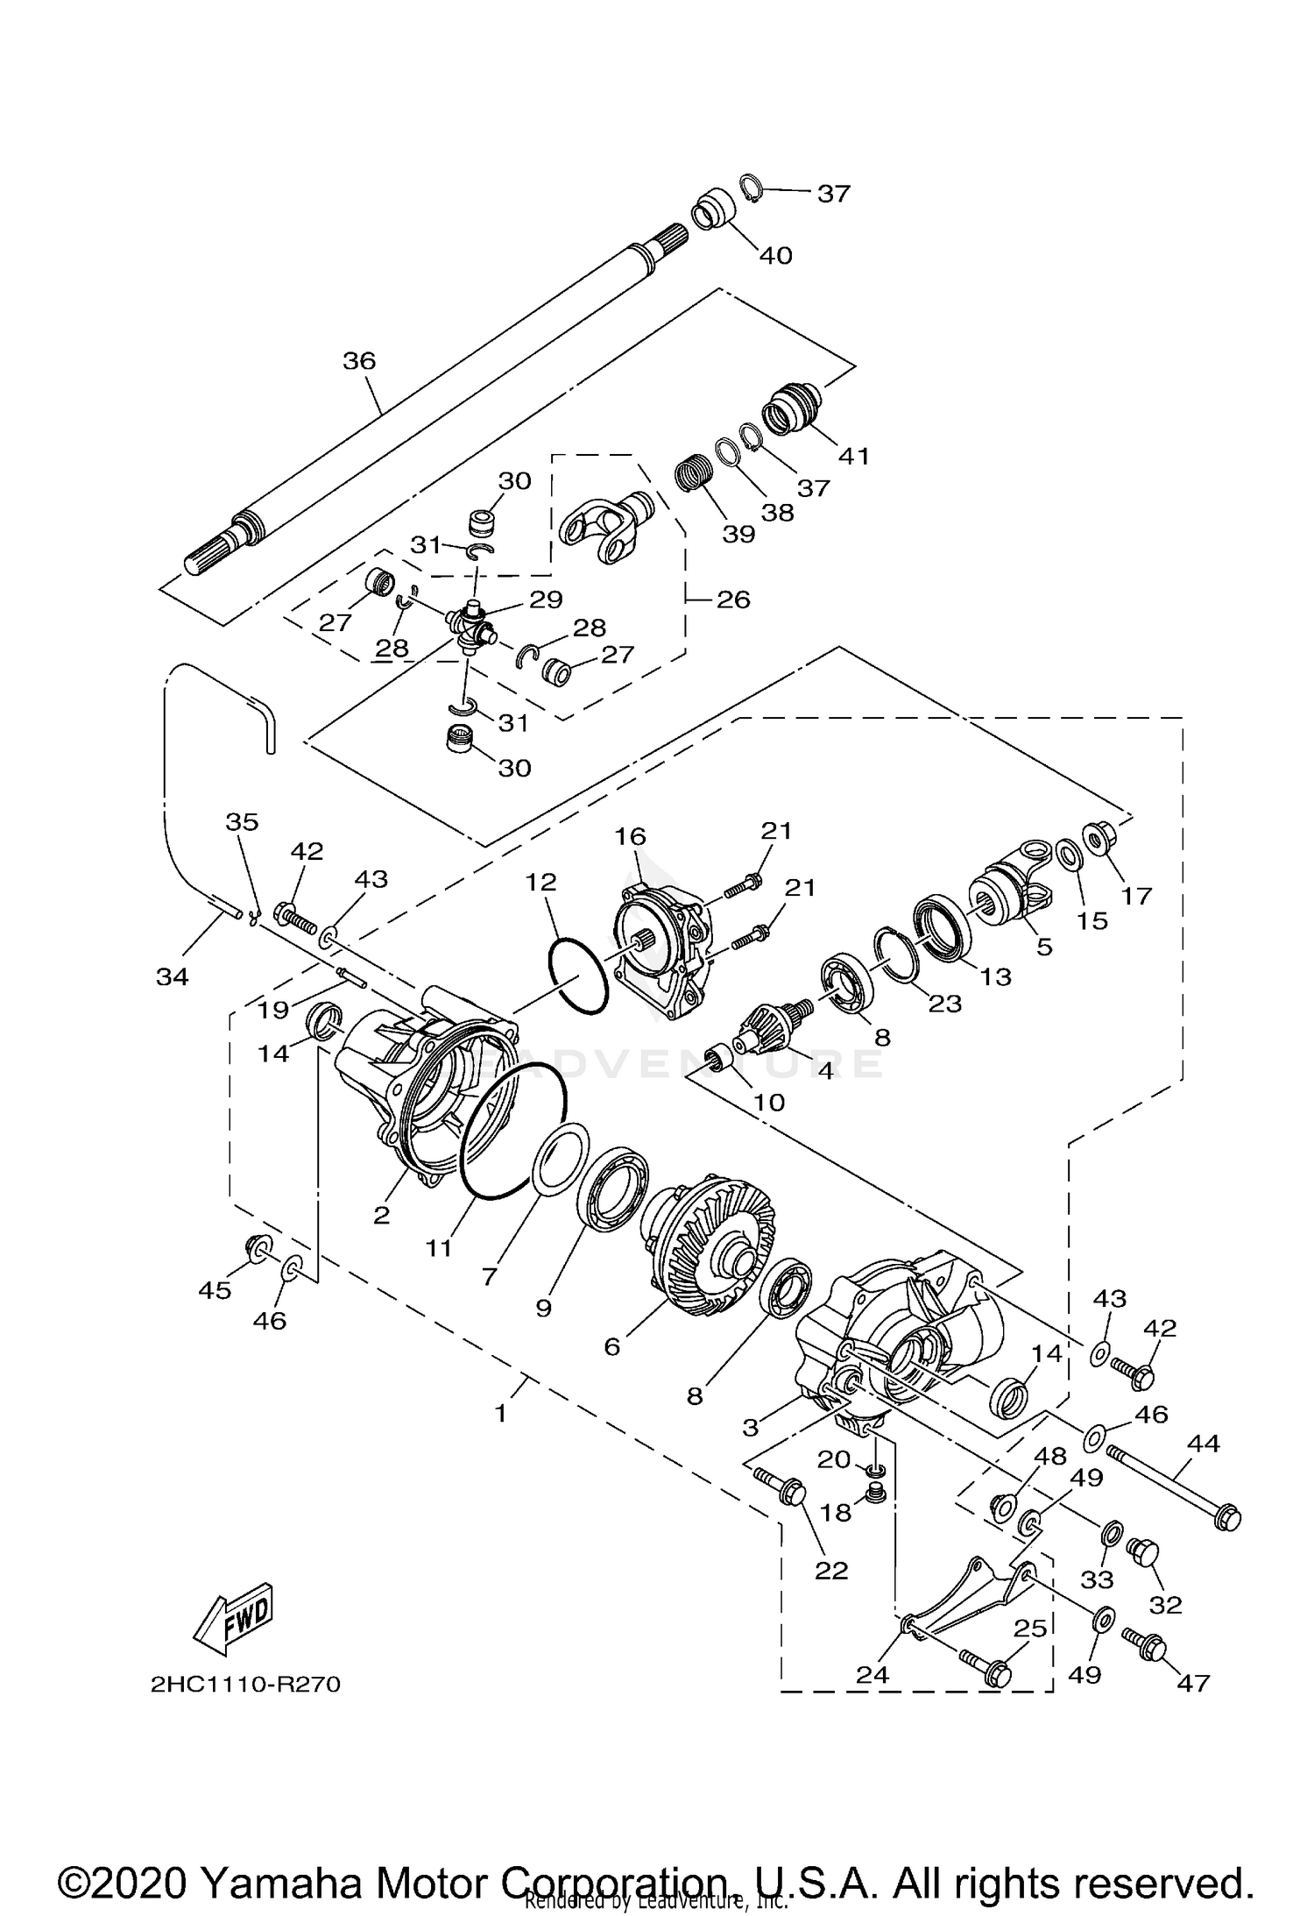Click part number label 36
(358, 360)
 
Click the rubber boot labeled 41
(792, 408)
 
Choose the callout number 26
(733, 600)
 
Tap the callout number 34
(172, 976)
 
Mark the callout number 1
(500, 1414)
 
